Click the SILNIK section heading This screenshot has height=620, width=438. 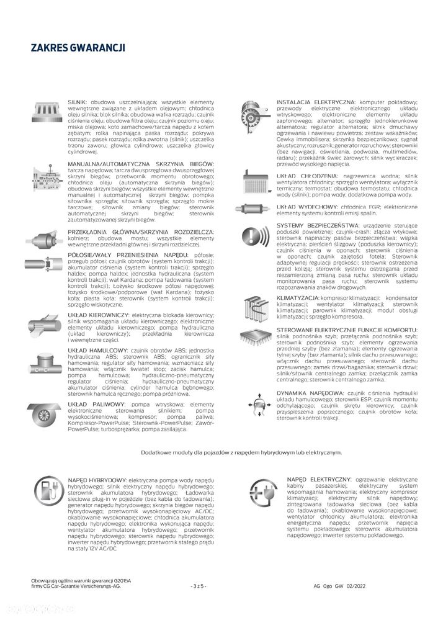pos(78,101)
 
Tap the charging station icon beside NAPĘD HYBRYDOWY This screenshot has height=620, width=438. pos(45,494)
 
